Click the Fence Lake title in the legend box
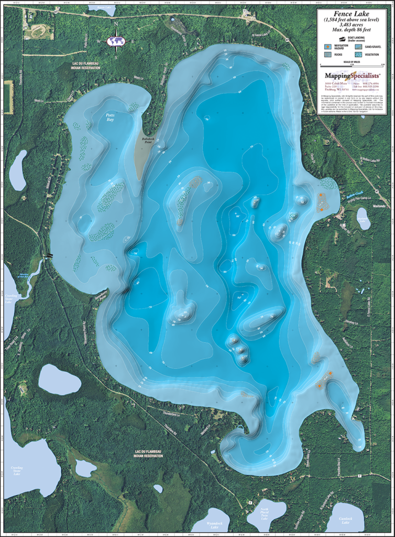pos(352,15)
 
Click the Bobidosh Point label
pos(144,139)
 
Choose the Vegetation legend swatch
pos(359,55)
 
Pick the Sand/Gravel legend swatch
pos(359,47)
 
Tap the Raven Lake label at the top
pos(102,8)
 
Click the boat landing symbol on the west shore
pos(48,255)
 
